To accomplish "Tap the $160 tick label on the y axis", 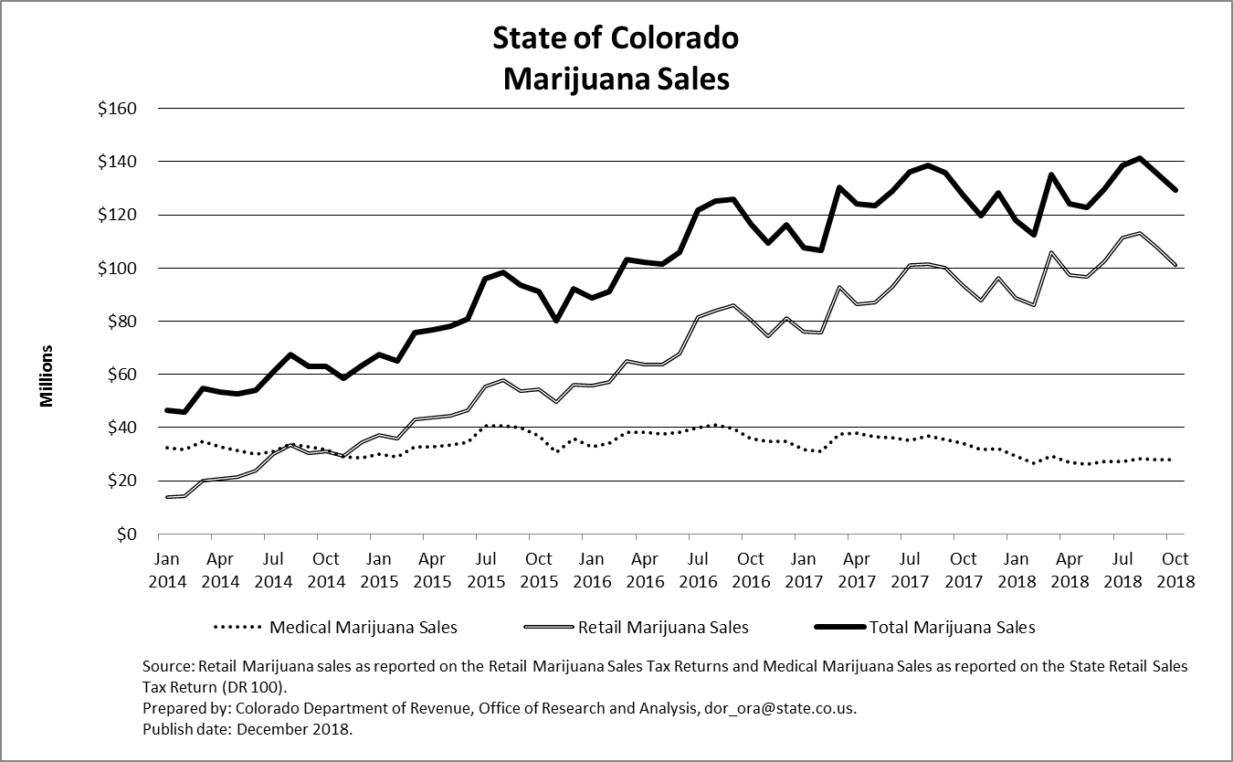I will pyautogui.click(x=116, y=109).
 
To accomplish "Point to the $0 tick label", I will pyautogui.click(x=126, y=534).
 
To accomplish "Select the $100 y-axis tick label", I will pyautogui.click(x=116, y=269).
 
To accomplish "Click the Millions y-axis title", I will pyautogui.click(x=47, y=376).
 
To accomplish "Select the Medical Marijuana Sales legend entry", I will pyautogui.click(x=363, y=627).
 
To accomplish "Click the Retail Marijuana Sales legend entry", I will pyautogui.click(x=662, y=627).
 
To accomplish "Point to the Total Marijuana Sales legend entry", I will pyautogui.click(x=952, y=627).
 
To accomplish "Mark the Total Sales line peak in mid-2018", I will pyautogui.click(x=1140, y=158).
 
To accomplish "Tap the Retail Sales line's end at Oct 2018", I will pyautogui.click(x=1174, y=265).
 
